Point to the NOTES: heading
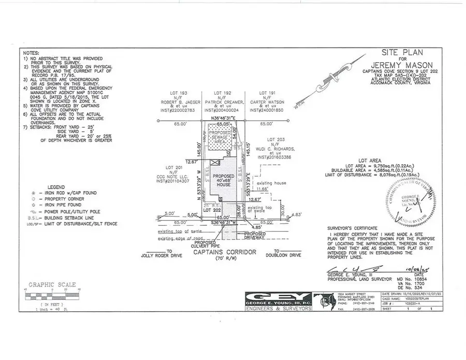[x=31, y=53]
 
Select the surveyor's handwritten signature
[x=352, y=269]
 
